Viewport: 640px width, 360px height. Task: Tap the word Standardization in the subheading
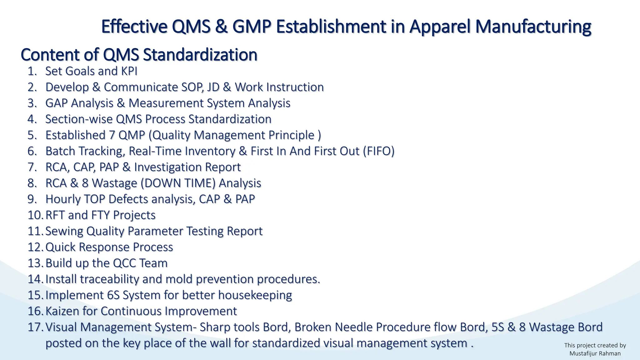click(200, 55)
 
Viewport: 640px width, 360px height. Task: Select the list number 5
click(32, 135)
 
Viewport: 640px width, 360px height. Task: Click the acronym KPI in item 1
click(129, 71)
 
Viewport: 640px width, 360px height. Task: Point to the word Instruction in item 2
click(295, 87)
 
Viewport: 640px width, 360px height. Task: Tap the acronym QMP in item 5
click(132, 135)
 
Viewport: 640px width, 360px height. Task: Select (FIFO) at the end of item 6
click(378, 151)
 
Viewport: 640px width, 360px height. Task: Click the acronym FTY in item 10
click(100, 215)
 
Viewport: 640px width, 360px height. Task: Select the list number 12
click(35, 247)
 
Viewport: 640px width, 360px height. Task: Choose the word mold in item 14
click(179, 279)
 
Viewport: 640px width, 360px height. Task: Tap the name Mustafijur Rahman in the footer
click(595, 353)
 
